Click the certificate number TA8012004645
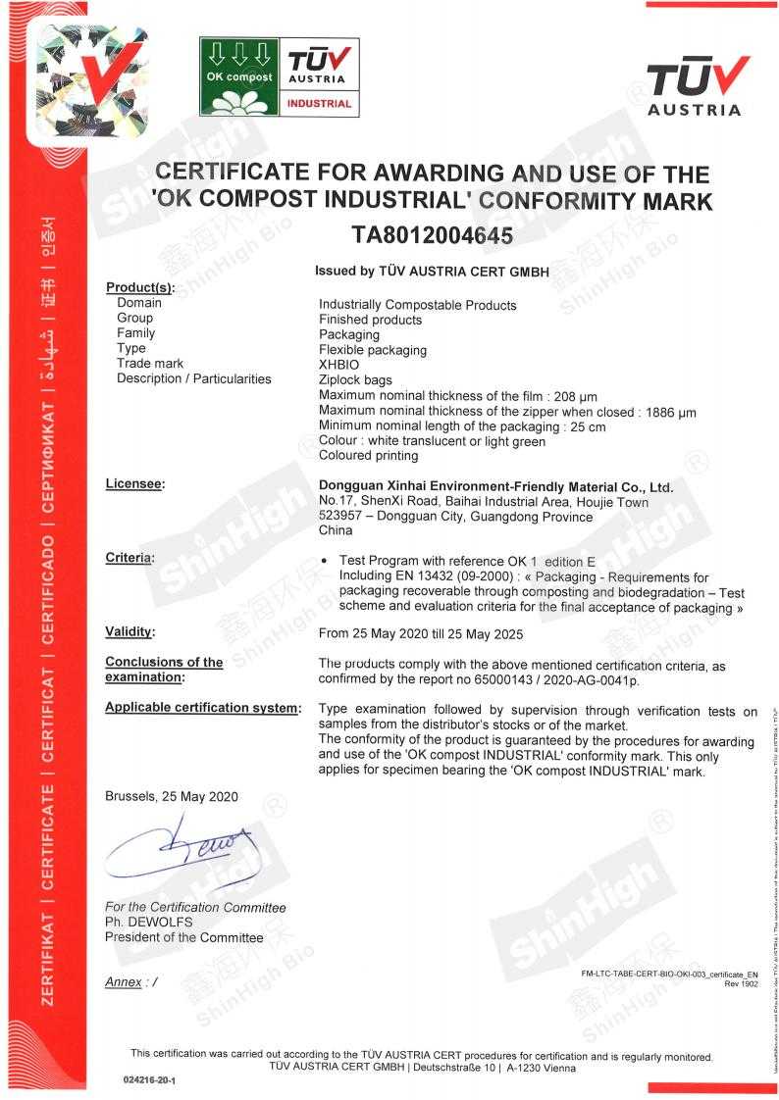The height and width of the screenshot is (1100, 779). tap(433, 235)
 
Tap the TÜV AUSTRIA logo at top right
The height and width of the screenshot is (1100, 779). tap(694, 85)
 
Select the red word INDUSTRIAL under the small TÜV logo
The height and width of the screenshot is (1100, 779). tap(319, 103)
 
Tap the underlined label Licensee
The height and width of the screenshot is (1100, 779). tap(134, 484)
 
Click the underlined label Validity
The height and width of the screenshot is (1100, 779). tap(130, 632)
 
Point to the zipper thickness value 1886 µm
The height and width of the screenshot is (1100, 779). tap(671, 412)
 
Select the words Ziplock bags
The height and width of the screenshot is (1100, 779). tap(355, 379)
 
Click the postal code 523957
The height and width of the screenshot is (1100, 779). tap(340, 517)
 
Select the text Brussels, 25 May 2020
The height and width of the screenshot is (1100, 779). tap(171, 796)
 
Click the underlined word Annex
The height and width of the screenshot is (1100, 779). tap(123, 981)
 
